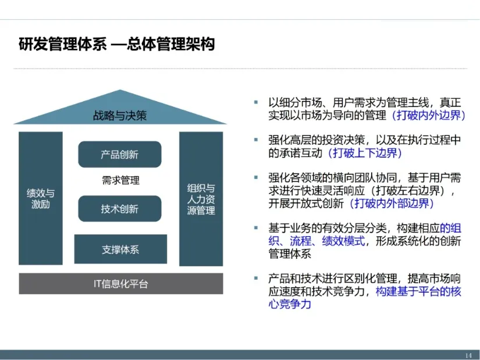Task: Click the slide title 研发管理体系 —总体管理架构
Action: click(116, 44)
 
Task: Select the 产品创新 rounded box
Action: click(120, 154)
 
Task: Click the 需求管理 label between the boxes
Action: click(120, 180)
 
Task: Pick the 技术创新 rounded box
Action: click(120, 209)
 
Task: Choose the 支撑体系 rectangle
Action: click(120, 249)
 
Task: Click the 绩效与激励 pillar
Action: click(41, 198)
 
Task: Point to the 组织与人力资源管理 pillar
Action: click(201, 199)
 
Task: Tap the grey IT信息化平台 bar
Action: click(121, 284)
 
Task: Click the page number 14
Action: click(468, 355)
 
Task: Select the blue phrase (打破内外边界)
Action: click(429, 115)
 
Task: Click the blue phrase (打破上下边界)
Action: click(365, 153)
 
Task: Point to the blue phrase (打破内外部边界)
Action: click(392, 204)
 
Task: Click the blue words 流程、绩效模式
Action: click(327, 241)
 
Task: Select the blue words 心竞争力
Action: click(290, 304)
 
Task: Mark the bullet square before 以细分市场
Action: click(256, 102)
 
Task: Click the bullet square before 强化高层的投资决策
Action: click(256, 140)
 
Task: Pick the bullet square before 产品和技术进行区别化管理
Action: click(256, 279)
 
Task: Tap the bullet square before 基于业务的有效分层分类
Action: click(256, 228)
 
